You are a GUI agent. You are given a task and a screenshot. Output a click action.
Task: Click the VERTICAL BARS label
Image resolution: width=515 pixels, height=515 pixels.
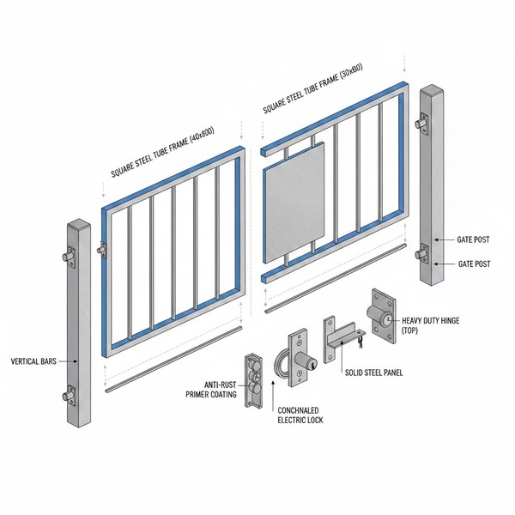[x=33, y=361]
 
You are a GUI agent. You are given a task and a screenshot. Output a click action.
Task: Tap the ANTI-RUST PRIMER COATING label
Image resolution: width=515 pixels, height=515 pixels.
[x=211, y=390]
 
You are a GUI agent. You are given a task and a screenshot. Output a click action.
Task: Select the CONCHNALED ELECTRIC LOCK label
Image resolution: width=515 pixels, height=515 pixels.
[x=300, y=415]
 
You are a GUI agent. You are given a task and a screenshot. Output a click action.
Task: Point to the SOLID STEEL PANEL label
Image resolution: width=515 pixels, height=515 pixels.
[x=373, y=373]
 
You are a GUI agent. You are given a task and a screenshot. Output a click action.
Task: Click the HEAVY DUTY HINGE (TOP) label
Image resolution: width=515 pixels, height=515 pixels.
[x=431, y=325]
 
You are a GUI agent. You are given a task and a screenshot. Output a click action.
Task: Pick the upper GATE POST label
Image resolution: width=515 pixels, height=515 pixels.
[x=473, y=239]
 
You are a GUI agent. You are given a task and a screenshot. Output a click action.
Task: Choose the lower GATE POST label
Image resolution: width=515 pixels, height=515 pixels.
[x=475, y=264]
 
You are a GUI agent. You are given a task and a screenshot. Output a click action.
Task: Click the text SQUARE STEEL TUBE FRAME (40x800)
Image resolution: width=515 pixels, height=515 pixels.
[x=162, y=151]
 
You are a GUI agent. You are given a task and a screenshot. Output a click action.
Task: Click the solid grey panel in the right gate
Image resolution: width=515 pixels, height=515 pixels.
[x=294, y=203]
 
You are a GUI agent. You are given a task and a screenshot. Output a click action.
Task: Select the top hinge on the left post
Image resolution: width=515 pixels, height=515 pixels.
[x=70, y=255]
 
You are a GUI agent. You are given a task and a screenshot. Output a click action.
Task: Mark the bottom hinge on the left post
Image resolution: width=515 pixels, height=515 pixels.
[x=69, y=395]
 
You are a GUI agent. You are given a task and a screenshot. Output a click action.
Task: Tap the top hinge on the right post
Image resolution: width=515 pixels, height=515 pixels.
[x=422, y=123]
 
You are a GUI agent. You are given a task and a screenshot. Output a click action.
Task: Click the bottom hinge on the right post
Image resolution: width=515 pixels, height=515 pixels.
[x=422, y=253]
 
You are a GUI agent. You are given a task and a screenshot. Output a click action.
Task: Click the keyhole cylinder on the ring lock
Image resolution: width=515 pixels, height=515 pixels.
[x=306, y=360]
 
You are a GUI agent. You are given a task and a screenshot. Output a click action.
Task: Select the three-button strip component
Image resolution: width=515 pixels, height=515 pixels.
[x=253, y=380]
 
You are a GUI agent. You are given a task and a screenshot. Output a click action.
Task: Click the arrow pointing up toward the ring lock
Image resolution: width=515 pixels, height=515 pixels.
[x=273, y=397]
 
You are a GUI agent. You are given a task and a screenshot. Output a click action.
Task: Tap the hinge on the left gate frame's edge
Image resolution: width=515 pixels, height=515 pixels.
[x=102, y=249]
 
